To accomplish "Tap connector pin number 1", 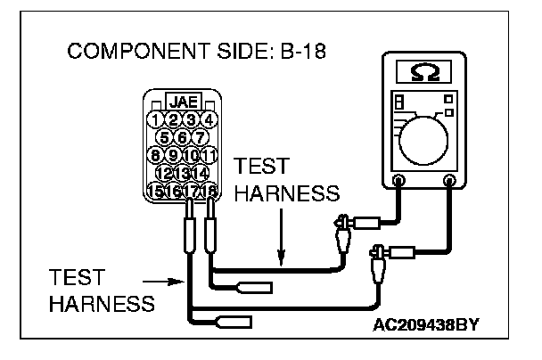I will click(x=156, y=119).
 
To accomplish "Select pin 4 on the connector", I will click(x=209, y=119).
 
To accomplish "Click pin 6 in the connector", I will click(x=183, y=137).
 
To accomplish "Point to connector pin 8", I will click(x=156, y=155).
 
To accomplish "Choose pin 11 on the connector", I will click(x=209, y=155).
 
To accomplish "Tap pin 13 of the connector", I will click(x=183, y=172).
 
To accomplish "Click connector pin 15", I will click(x=156, y=190).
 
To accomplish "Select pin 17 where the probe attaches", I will click(x=192, y=190).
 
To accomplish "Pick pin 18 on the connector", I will click(x=210, y=190).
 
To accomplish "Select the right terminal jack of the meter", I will click(x=449, y=182).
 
